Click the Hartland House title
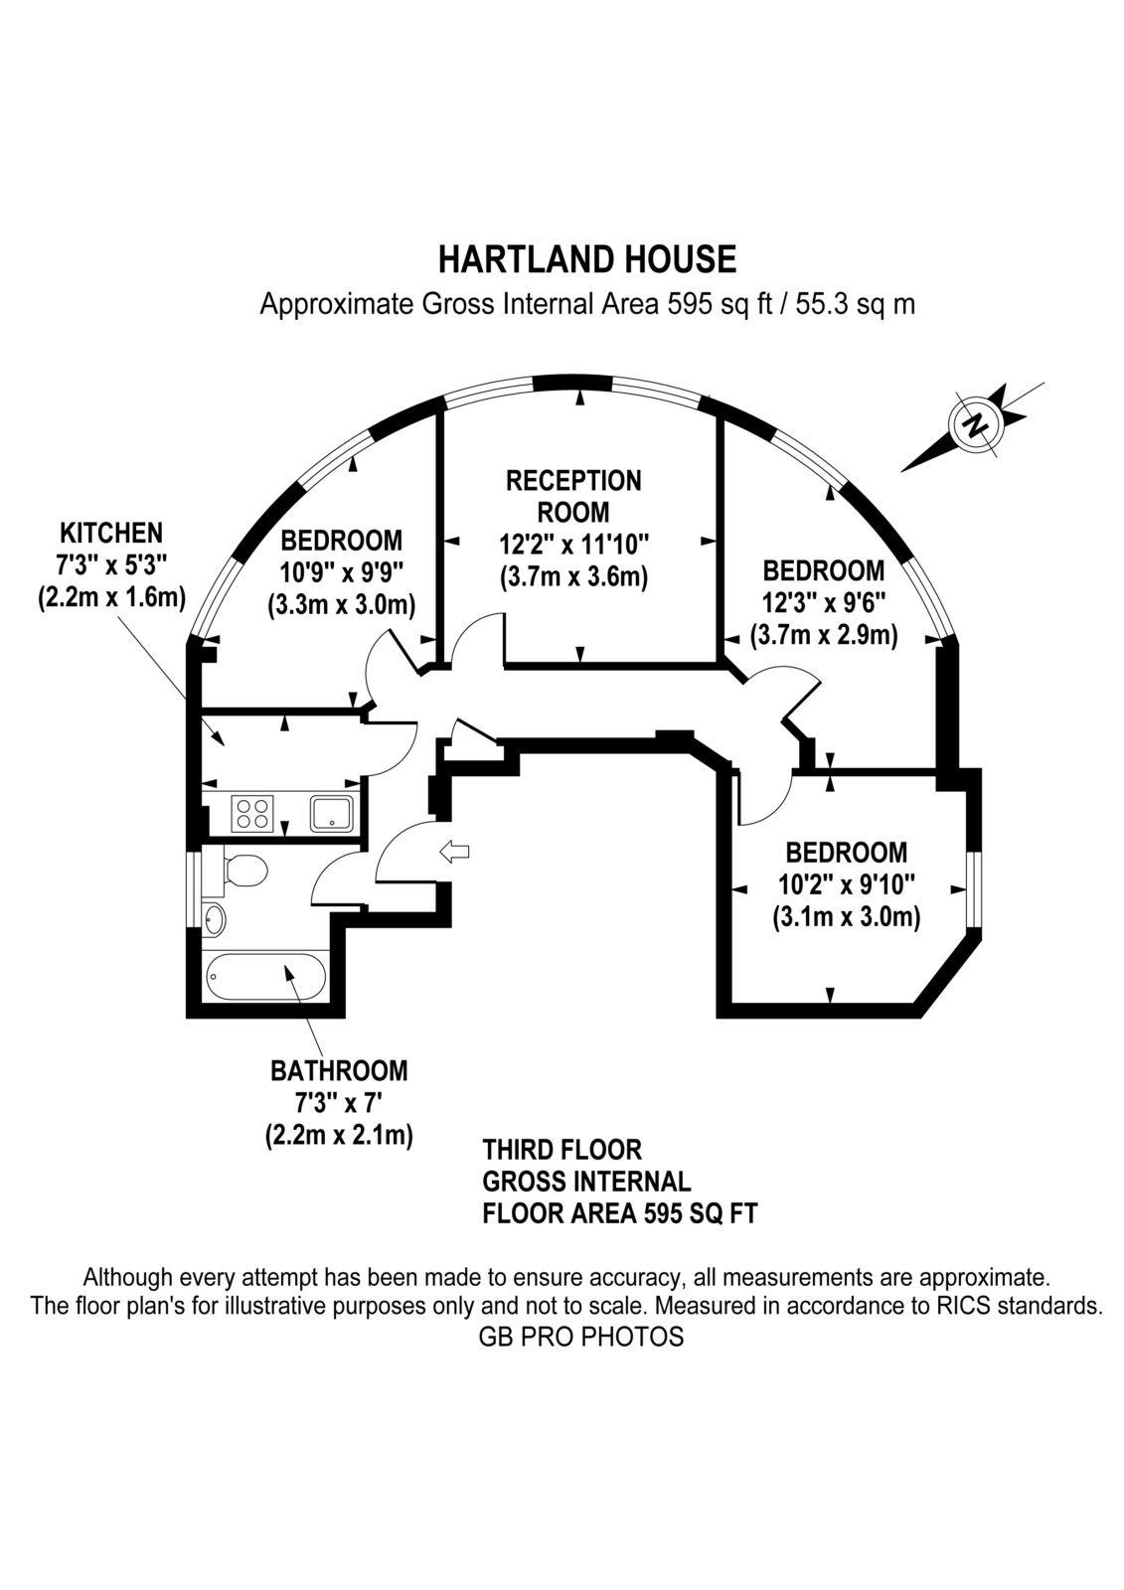[x=587, y=259]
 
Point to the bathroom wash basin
[x=214, y=920]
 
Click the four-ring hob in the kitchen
[x=253, y=814]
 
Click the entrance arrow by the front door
[x=454, y=851]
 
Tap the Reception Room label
[x=573, y=496]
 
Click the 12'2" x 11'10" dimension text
[x=573, y=546]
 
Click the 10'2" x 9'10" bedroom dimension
[x=846, y=885]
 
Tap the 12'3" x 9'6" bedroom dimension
[x=824, y=603]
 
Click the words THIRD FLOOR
[x=562, y=1149]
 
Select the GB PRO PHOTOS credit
[x=580, y=1338]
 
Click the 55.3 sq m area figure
[x=855, y=304]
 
